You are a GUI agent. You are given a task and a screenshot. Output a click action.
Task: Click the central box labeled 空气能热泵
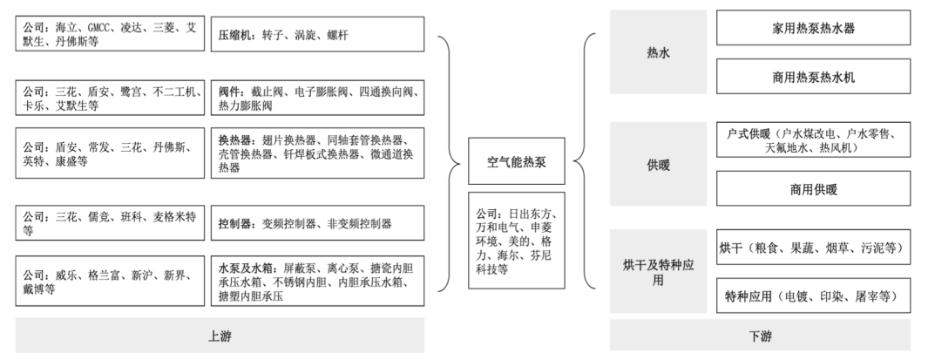(x=516, y=161)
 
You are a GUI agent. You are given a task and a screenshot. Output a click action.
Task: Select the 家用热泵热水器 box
(x=813, y=27)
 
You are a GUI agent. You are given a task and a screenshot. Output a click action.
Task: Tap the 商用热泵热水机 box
(x=813, y=77)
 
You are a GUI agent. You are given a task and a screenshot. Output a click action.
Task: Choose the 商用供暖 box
(x=813, y=189)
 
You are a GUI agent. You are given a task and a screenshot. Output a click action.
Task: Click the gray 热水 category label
(x=658, y=52)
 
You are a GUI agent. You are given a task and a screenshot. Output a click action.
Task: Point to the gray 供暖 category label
(x=658, y=165)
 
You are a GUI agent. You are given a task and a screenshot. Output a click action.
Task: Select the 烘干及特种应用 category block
(x=658, y=272)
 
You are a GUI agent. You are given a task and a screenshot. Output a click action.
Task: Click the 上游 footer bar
(x=220, y=336)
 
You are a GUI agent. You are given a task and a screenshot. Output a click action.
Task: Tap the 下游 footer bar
(x=760, y=336)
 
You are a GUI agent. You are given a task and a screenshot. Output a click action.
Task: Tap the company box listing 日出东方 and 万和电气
(x=516, y=241)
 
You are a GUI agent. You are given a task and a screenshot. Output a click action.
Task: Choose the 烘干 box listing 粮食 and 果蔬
(x=813, y=248)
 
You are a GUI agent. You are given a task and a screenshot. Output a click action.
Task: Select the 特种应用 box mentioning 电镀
(x=813, y=295)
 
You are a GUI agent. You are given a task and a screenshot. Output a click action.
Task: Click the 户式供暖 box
(x=813, y=139)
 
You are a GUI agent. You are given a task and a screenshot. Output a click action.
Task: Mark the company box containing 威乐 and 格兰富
(x=110, y=282)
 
